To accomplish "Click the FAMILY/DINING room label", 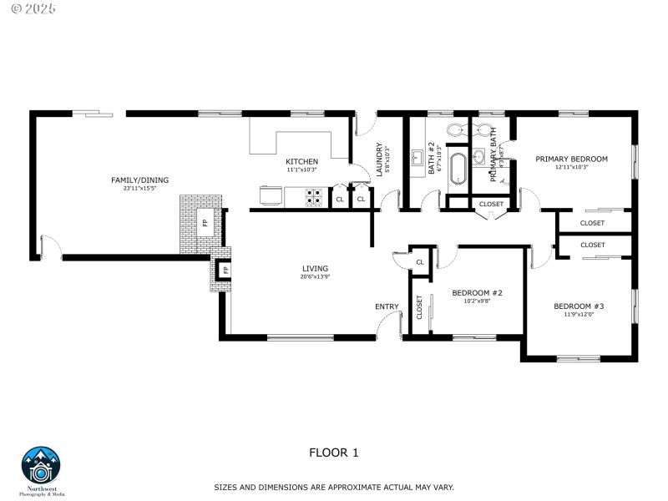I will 134,180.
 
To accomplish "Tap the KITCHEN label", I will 301,161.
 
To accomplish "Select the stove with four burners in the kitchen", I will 314,198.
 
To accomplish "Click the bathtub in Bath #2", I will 458,168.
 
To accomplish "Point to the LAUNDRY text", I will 380,158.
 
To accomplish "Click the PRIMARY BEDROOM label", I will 571,159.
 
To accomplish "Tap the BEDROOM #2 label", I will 476,293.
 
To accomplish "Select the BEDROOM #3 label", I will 578,306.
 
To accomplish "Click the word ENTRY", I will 387,306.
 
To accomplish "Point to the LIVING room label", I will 315,268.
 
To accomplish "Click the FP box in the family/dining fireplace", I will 204,223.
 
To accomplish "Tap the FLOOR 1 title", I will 333,453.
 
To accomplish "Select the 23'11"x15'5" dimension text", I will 134,188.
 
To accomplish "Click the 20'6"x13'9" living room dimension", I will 315,276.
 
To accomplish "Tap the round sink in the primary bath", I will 479,156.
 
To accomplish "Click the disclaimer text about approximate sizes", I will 333,486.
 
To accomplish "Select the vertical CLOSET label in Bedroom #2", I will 419,308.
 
